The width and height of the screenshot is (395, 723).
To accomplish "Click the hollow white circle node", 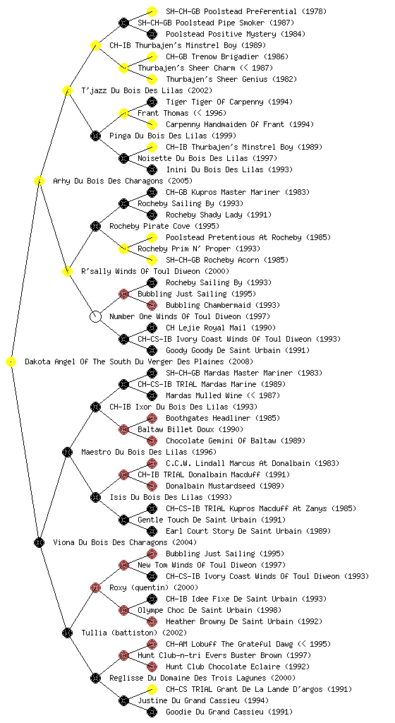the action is (95, 316).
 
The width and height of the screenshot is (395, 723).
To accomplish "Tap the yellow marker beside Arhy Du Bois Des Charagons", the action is (39, 181).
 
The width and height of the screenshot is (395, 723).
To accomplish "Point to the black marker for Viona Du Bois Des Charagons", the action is (39, 542).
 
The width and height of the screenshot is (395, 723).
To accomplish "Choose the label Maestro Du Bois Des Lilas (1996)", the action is (149, 452).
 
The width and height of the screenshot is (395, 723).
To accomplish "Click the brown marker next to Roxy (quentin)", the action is (95, 587).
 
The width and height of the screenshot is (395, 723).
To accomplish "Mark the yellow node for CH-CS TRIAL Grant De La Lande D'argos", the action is (152, 689).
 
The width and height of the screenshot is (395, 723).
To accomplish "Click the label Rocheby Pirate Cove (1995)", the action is (164, 226).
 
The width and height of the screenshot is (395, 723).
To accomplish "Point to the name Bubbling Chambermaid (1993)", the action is (223, 305).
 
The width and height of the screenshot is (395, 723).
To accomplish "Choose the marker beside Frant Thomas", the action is (123, 113).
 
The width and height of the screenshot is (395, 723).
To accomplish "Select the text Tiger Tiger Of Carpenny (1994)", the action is (229, 102).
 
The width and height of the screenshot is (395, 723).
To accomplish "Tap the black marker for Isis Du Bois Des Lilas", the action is (95, 497).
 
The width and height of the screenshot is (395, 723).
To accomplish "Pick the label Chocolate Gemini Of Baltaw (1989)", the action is (236, 441).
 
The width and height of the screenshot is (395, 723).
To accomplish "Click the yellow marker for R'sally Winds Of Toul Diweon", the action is (67, 271).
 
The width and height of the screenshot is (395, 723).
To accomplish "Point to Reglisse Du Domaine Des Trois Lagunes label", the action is (187, 678).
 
